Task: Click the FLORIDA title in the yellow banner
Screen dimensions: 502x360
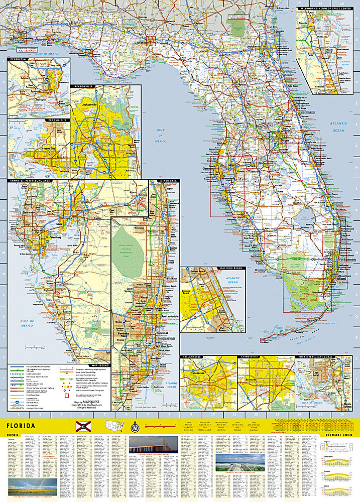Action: (21, 426)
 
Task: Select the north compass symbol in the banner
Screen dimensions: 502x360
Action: (134, 429)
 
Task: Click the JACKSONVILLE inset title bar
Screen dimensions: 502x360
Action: (83, 86)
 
